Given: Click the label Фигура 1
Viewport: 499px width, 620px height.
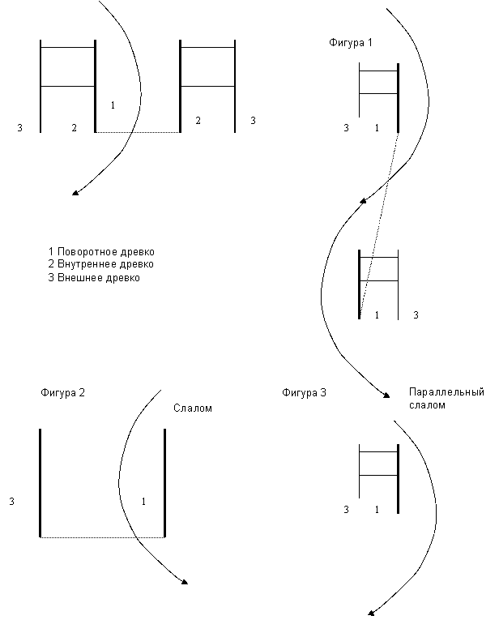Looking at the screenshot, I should (351, 43).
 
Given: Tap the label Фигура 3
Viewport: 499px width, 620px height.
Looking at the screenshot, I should (305, 393).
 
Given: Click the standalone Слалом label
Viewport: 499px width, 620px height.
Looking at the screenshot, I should (193, 408).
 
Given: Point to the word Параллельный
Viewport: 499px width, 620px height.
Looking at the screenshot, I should (447, 392).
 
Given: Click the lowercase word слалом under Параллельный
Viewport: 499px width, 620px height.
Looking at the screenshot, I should (428, 404).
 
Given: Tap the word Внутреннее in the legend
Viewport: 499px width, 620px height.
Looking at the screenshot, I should (86, 264).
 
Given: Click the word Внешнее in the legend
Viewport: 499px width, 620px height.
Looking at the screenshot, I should (79, 277).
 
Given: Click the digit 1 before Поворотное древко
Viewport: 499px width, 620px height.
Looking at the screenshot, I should (51, 252).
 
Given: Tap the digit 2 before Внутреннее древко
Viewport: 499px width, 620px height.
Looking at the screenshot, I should (51, 264).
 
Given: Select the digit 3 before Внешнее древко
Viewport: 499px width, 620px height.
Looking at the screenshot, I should (51, 277).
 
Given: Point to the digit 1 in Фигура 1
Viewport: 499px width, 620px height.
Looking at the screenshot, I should (370, 43).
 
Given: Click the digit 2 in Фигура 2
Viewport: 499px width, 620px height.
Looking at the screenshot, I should (81, 393).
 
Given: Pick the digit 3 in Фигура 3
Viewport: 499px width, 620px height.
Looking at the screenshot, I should (323, 393).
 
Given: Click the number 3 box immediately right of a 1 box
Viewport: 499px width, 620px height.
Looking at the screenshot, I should (416, 315).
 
